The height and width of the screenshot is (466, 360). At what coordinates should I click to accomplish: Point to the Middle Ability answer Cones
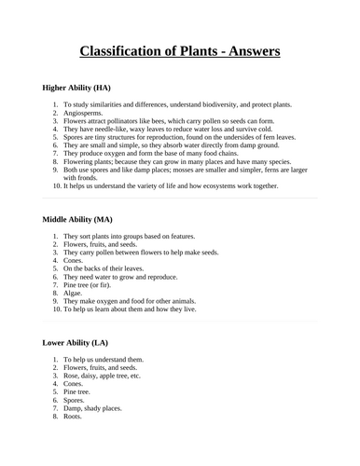click(75, 260)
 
